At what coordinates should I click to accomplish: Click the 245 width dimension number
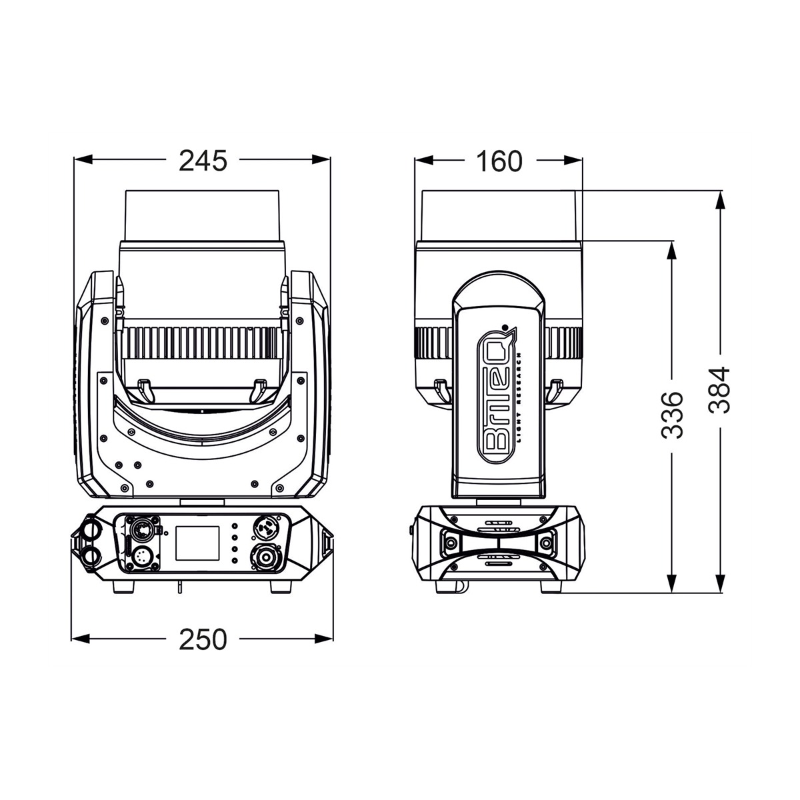coord(203,161)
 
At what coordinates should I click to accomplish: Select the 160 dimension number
coord(499,161)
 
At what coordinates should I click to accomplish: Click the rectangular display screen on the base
coord(197,543)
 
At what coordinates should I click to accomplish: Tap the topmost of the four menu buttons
coord(235,525)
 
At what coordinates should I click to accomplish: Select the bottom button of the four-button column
coord(235,561)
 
